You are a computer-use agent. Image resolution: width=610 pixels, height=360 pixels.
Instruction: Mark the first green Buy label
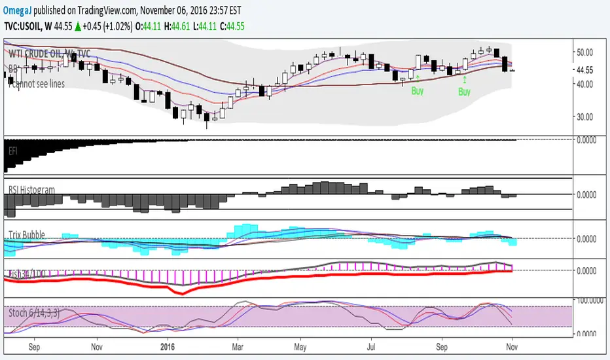pos(417,92)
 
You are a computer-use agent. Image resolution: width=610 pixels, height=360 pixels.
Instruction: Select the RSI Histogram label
pos(31,189)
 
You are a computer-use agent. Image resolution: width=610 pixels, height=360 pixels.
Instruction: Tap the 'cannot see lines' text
pos(36,84)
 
